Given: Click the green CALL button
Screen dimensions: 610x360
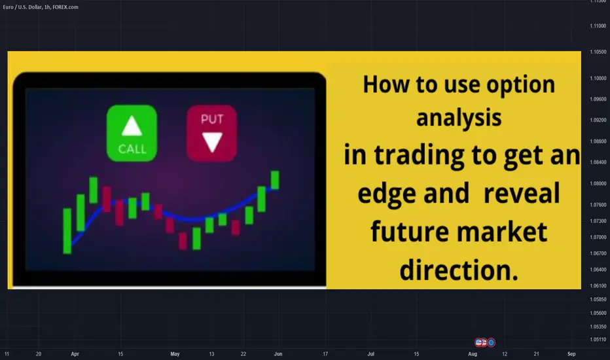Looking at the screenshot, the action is point(132,133).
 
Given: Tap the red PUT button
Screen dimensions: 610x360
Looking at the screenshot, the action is point(211,133).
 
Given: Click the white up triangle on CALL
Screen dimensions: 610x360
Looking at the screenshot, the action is point(132,126).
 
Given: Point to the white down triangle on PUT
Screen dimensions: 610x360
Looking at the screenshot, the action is point(212,142).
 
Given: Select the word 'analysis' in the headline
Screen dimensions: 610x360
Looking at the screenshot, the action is point(459,118).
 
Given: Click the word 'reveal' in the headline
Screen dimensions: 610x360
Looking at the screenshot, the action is point(521,193).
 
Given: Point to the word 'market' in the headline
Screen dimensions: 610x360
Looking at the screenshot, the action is point(502,232).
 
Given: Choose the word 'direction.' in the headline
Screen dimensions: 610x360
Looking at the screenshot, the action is point(459,270).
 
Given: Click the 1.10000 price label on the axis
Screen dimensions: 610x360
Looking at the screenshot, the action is point(598,79).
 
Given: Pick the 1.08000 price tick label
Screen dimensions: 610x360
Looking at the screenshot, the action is point(598,183).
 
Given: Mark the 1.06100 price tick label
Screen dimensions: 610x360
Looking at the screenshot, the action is point(598,285).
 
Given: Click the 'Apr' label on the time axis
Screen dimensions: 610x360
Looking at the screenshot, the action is point(75,353).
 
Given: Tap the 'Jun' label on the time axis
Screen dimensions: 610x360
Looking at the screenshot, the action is point(278,353).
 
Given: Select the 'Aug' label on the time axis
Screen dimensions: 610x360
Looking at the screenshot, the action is point(473,353).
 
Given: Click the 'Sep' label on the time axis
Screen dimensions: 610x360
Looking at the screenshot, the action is point(571,353).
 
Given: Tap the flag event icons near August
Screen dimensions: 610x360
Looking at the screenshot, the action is point(485,342).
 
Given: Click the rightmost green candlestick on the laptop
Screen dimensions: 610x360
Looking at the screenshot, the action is point(275,180).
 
